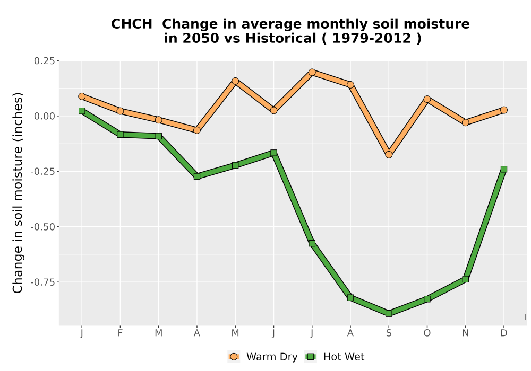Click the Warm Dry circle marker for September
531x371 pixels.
click(x=389, y=154)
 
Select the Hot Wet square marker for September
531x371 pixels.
click(x=389, y=314)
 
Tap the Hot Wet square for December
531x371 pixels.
click(x=504, y=169)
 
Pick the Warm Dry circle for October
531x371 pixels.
click(x=427, y=99)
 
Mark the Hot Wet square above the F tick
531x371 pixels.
click(x=120, y=135)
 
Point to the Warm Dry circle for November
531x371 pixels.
click(x=466, y=122)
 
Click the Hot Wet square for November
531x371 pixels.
click(x=466, y=279)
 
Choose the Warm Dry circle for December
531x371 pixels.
click(x=504, y=110)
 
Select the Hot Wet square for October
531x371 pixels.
click(x=427, y=299)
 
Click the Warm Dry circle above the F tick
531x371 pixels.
click(x=120, y=111)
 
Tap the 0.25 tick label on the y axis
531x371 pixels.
click(x=44, y=61)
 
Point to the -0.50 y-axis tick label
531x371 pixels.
click(x=42, y=227)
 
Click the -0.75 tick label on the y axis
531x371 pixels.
click(x=42, y=282)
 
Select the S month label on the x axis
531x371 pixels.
click(x=389, y=333)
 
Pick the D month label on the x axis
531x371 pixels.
click(x=504, y=333)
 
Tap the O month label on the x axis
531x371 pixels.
click(x=427, y=333)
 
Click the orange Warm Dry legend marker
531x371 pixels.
click(x=234, y=357)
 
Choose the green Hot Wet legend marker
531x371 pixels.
click(x=311, y=357)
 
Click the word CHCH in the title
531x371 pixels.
click(x=132, y=24)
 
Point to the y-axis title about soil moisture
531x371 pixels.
click(x=18, y=193)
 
